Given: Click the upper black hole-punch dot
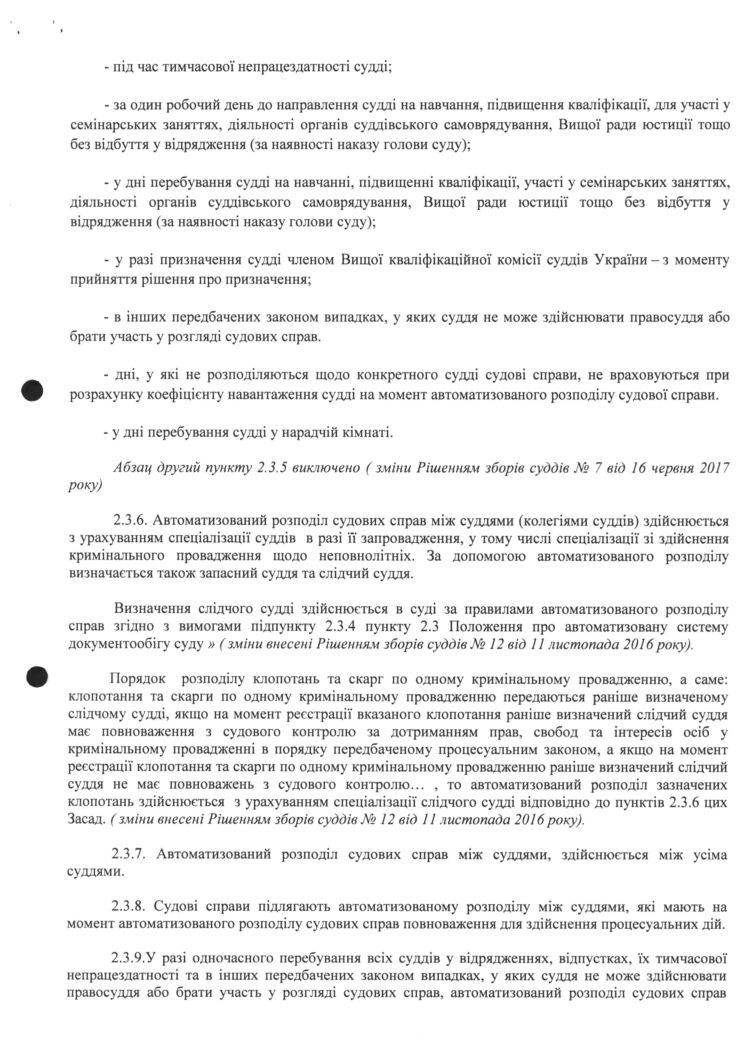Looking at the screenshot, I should (32, 391).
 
